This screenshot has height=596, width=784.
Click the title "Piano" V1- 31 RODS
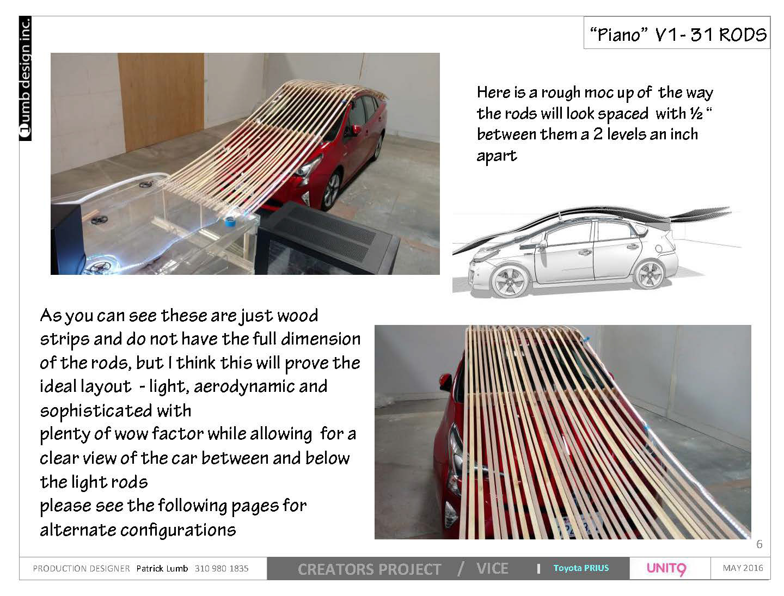[x=678, y=35]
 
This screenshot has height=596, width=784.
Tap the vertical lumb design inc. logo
[x=25, y=78]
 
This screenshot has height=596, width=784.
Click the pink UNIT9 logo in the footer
[x=666, y=568]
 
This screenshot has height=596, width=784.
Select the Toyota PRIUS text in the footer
[x=581, y=568]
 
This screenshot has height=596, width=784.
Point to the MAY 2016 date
[x=743, y=568]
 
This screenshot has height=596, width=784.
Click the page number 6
[x=759, y=544]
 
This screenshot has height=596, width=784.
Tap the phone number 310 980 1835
[x=222, y=568]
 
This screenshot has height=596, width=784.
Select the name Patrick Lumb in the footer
[x=162, y=568]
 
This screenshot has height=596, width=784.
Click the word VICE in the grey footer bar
[x=492, y=568]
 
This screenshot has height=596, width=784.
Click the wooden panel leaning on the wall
[x=161, y=101]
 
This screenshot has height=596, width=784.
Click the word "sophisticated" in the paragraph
[x=96, y=411]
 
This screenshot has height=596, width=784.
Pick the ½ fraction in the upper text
[x=696, y=114]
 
